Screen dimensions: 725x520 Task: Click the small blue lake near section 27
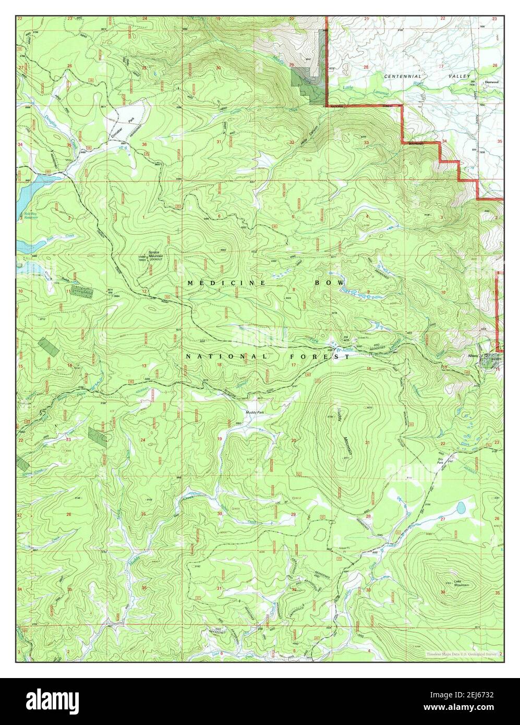[461, 507]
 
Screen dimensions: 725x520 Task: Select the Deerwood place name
[492, 82]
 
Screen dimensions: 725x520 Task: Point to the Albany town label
[474, 356]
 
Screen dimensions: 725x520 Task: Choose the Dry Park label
[440, 461]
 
